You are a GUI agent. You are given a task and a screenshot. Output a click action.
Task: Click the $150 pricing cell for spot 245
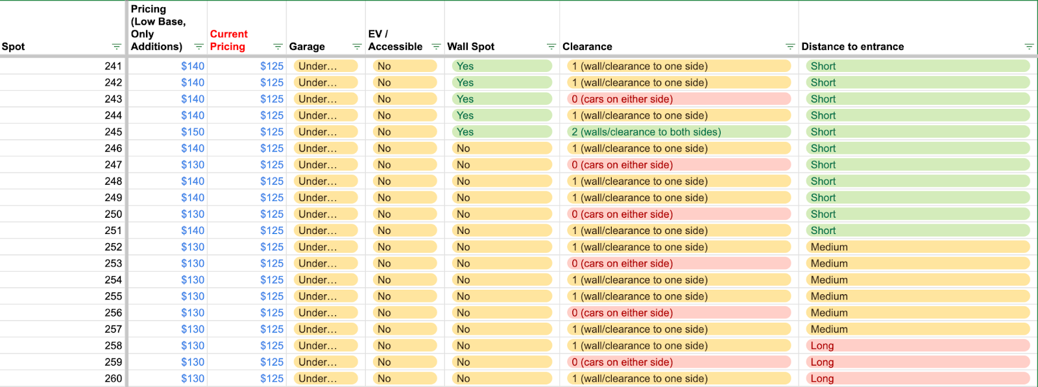point(192,132)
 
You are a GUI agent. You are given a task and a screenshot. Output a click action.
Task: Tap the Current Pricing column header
point(228,40)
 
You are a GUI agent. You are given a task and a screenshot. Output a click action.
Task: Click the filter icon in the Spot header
point(116,47)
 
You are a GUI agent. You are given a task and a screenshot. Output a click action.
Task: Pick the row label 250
point(113,215)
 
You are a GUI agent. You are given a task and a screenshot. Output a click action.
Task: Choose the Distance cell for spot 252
point(917,247)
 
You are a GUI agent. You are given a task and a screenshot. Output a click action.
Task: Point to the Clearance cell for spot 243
point(679,99)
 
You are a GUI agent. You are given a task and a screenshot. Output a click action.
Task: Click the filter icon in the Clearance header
point(790,47)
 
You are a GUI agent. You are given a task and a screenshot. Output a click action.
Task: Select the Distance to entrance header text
point(852,47)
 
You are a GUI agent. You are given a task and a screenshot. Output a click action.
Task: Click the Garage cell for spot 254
point(326,280)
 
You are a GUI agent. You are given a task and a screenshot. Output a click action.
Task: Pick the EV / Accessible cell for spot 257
point(405,329)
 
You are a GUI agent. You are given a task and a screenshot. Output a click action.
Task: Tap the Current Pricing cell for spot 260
point(272,379)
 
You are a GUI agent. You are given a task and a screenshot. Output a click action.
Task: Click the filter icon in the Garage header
point(357,47)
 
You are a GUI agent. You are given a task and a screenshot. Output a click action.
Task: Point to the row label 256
point(113,313)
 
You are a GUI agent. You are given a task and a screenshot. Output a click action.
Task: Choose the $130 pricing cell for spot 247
point(192,165)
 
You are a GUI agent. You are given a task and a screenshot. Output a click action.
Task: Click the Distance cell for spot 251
point(917,231)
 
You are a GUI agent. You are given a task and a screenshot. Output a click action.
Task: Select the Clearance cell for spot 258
point(679,346)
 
